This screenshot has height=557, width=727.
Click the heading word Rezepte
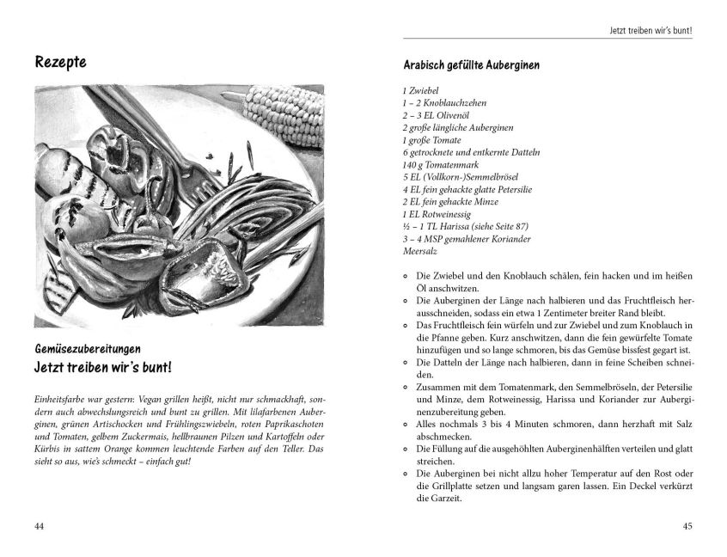pos(63,63)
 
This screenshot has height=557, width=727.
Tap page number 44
pos(39,527)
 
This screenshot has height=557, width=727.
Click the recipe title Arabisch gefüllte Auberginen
pos(472,64)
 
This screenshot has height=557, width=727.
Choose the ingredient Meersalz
pos(420,251)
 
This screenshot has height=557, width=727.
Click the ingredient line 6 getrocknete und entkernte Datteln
pos(471,152)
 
